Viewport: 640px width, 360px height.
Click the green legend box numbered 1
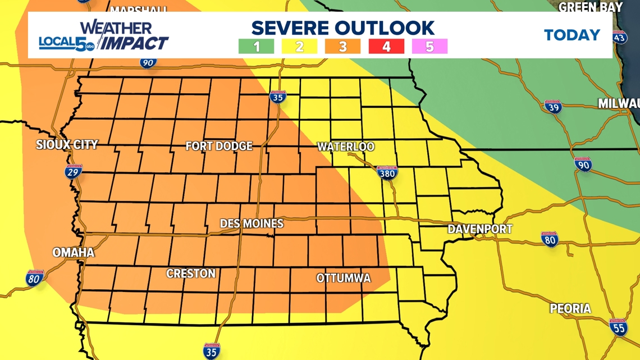click(x=256, y=46)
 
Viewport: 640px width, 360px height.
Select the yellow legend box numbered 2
click(x=299, y=46)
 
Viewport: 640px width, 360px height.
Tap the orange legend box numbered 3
click(x=342, y=46)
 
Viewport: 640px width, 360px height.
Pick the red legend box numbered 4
click(x=386, y=46)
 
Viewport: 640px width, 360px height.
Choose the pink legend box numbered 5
click(x=429, y=46)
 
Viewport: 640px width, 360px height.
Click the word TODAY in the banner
click(x=572, y=35)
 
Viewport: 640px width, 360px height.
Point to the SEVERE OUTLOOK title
click(x=342, y=28)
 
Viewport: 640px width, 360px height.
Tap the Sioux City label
click(x=67, y=144)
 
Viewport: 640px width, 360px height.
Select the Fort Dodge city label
click(x=219, y=146)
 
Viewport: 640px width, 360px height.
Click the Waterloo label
click(x=346, y=147)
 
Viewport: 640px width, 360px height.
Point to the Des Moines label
click(x=252, y=224)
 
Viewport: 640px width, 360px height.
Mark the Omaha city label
click(x=73, y=252)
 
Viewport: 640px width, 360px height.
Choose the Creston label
click(x=191, y=274)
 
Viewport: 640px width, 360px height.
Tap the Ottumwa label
click(x=344, y=278)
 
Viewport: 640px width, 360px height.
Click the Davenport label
click(x=480, y=229)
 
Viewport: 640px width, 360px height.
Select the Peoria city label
click(x=570, y=308)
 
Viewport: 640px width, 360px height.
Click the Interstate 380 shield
click(x=387, y=173)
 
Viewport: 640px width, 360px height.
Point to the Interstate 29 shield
click(x=73, y=172)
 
